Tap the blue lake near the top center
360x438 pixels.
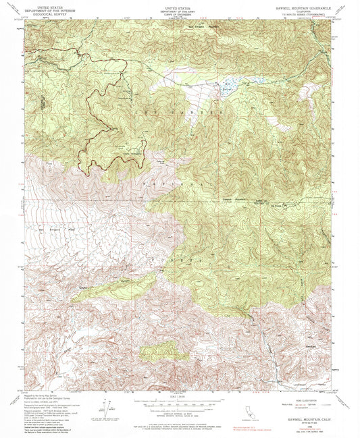[x=227, y=86]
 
